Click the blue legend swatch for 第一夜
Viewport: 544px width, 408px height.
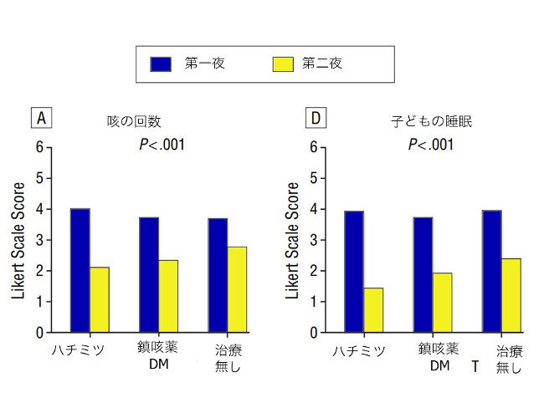pos(161,64)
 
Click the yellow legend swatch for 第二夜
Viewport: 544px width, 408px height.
pos(283,64)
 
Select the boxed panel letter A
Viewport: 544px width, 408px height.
pos(41,118)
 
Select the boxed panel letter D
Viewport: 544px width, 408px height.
pos(316,118)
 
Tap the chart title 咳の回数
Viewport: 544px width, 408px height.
pos(134,121)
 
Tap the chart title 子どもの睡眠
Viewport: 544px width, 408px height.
pos(432,121)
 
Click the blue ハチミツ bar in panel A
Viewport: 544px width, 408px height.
pos(80,270)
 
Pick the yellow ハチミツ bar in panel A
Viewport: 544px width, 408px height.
pos(100,300)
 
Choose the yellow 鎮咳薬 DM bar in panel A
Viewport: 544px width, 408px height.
pos(168,296)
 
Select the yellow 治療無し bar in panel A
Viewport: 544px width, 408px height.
pos(237,290)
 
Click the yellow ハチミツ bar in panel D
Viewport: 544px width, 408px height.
pos(373,310)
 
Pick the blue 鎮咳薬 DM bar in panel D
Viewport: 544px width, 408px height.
pos(423,275)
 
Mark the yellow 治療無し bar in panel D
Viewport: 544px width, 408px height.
pos(511,296)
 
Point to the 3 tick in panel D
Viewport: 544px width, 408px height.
pos(314,240)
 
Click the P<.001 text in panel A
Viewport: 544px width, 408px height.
pos(162,145)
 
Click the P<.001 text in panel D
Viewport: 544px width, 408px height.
pos(431,145)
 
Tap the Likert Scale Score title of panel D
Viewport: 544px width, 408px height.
pos(292,241)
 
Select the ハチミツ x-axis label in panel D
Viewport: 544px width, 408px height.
pos(359,351)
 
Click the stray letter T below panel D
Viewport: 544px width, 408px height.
pos(475,366)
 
